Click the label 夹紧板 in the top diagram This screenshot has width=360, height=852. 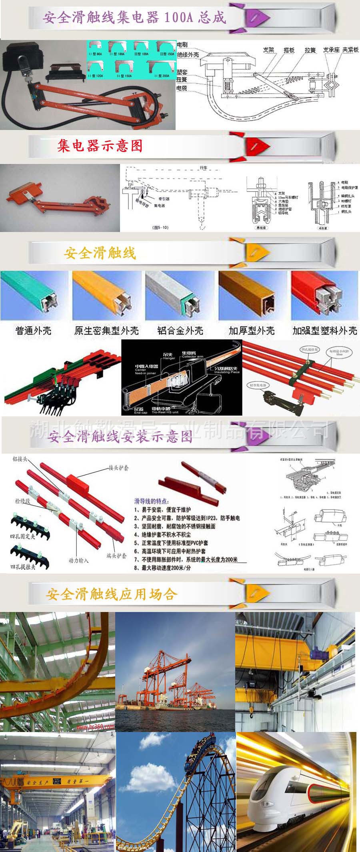(x=350, y=50)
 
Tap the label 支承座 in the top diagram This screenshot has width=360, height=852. (x=331, y=50)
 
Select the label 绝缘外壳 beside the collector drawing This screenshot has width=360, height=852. (x=188, y=54)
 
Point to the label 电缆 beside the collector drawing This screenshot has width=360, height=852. (x=182, y=88)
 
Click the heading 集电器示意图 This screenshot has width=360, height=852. (x=100, y=146)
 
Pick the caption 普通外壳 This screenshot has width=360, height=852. (x=33, y=331)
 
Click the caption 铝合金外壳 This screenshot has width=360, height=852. (x=180, y=331)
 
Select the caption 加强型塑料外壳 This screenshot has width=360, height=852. (x=325, y=331)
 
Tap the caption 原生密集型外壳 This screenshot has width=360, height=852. (x=106, y=331)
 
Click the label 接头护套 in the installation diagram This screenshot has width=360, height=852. (x=119, y=468)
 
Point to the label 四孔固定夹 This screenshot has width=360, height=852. (x=22, y=536)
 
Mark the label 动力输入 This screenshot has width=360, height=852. (x=78, y=560)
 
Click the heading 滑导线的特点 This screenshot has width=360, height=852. (x=151, y=501)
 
